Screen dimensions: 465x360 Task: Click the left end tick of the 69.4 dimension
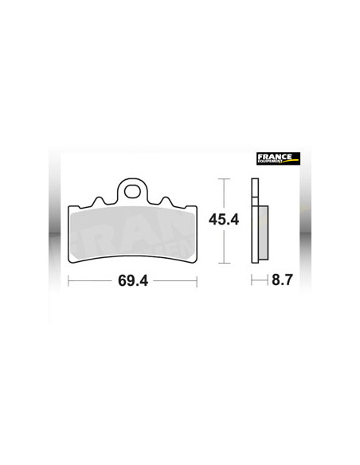click(68, 281)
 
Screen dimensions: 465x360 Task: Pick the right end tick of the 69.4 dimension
click(197, 281)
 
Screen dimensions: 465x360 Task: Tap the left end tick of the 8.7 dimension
click(252, 281)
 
